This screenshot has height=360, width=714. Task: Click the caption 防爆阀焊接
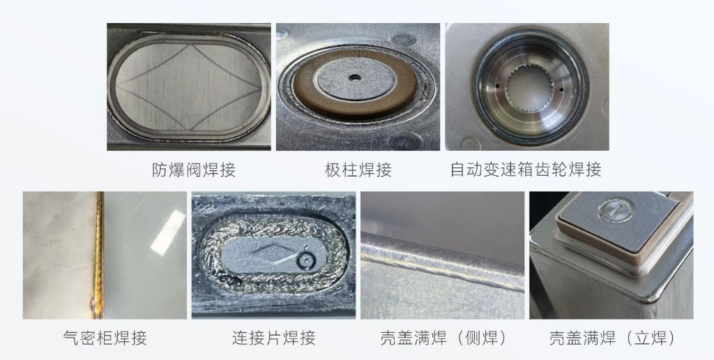pyautogui.click(x=194, y=170)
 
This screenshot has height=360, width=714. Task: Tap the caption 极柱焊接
pyautogui.click(x=358, y=170)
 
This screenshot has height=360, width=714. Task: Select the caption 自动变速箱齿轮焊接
pyautogui.click(x=526, y=170)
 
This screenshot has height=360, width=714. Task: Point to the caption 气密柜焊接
pyautogui.click(x=105, y=338)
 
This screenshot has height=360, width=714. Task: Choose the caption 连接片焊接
pyautogui.click(x=273, y=338)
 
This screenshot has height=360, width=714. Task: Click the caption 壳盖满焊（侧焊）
pyautogui.click(x=443, y=338)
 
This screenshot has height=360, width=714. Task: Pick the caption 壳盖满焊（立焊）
pyautogui.click(x=612, y=338)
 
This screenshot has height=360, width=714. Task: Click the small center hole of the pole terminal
pyautogui.click(x=354, y=78)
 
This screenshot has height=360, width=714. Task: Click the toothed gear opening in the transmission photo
pyautogui.click(x=530, y=87)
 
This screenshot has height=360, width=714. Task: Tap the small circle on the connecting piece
pyautogui.click(x=307, y=260)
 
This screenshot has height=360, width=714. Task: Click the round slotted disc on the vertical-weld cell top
pyautogui.click(x=616, y=209)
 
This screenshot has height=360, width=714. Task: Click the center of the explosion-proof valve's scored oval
pyautogui.click(x=188, y=86)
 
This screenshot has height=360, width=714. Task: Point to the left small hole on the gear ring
pyautogui.click(x=497, y=85)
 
